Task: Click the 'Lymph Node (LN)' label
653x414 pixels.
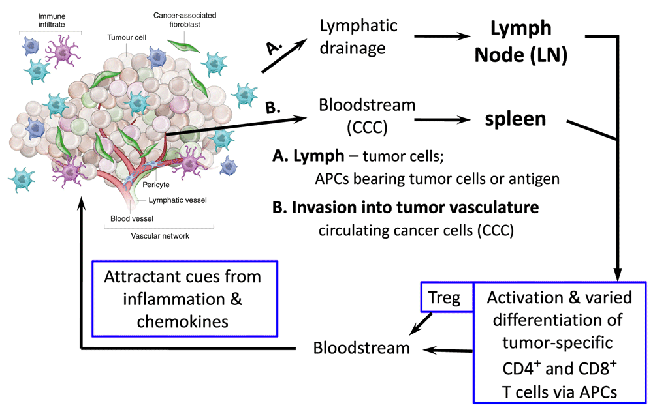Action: (x=520, y=42)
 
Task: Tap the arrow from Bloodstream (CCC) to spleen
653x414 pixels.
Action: (x=440, y=120)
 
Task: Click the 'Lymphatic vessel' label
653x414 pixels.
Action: (x=178, y=200)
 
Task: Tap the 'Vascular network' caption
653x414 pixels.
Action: (x=159, y=236)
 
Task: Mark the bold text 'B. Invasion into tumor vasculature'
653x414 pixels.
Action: (x=406, y=207)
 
